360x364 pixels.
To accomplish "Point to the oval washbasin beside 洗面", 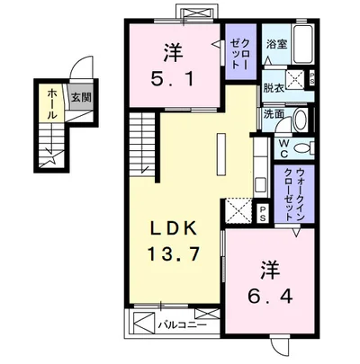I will click(x=301, y=119).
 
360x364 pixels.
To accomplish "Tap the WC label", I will click(x=282, y=146).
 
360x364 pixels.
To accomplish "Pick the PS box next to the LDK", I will click(x=263, y=213).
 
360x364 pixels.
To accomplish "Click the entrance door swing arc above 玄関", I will click(x=83, y=69).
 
